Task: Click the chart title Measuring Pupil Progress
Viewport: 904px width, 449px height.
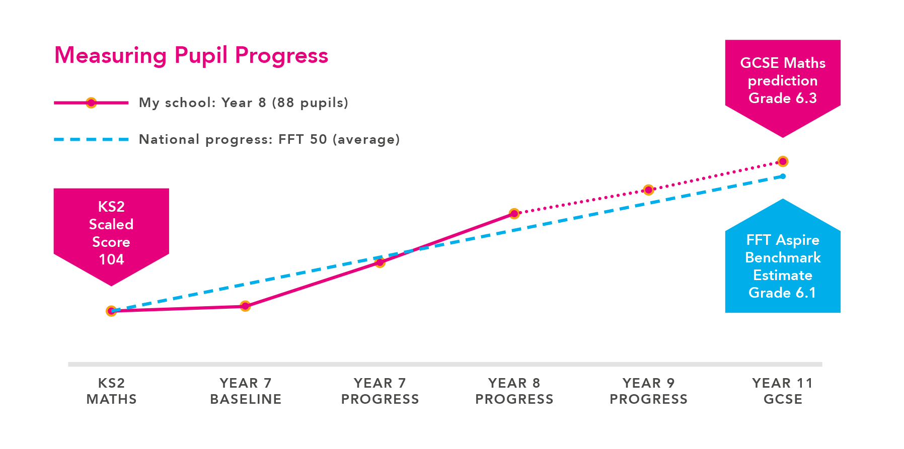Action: [191, 55]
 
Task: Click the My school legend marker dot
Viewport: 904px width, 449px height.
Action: [91, 103]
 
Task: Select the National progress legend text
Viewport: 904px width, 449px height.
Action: [269, 139]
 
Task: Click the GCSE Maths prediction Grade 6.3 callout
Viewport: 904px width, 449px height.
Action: [783, 80]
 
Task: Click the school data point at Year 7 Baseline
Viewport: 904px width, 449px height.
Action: [245, 306]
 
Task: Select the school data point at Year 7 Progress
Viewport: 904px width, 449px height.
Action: [380, 262]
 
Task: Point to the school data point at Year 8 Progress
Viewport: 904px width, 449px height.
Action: [514, 214]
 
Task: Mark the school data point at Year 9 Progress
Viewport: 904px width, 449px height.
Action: [649, 190]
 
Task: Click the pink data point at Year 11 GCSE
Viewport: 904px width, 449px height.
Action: [783, 161]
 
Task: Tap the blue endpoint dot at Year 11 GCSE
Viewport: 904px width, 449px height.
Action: [783, 176]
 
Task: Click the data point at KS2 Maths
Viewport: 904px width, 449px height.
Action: [111, 311]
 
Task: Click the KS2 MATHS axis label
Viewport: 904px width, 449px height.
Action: [111, 391]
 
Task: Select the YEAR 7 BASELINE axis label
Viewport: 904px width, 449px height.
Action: [246, 391]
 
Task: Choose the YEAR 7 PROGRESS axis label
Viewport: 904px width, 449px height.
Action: [380, 391]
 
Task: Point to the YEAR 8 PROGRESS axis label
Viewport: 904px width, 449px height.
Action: [514, 391]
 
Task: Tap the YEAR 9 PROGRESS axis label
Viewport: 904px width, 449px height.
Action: [648, 391]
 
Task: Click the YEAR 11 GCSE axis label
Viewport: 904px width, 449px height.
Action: [783, 391]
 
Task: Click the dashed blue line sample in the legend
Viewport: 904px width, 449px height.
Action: [91, 139]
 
